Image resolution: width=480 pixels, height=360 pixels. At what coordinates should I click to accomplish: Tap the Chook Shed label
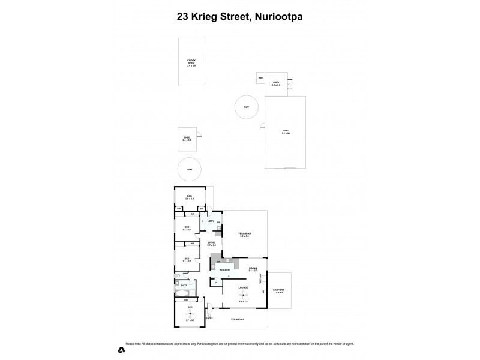191,62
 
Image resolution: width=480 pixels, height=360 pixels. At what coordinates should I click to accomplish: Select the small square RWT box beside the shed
261,78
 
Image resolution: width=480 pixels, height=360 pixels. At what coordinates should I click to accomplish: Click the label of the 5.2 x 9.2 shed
286,131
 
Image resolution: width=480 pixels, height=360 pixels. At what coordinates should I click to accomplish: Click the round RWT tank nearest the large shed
246,107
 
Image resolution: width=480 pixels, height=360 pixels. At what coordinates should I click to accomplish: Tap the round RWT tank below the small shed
190,169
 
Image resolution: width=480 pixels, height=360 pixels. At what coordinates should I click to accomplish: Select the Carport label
278,291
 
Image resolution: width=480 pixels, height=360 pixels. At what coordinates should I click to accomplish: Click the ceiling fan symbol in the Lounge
243,295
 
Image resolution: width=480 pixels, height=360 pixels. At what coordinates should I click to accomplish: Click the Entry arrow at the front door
209,314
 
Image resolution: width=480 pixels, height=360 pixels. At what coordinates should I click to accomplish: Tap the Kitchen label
224,271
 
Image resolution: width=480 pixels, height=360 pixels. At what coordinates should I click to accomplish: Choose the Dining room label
253,269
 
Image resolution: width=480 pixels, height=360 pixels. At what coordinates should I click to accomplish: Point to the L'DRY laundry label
211,221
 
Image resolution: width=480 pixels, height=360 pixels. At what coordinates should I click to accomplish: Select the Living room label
211,243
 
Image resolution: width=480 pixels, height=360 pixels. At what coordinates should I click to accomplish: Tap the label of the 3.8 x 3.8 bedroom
189,197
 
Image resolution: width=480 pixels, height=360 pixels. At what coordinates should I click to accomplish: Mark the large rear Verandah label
244,235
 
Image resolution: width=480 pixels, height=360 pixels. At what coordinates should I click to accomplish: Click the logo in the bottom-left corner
121,350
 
